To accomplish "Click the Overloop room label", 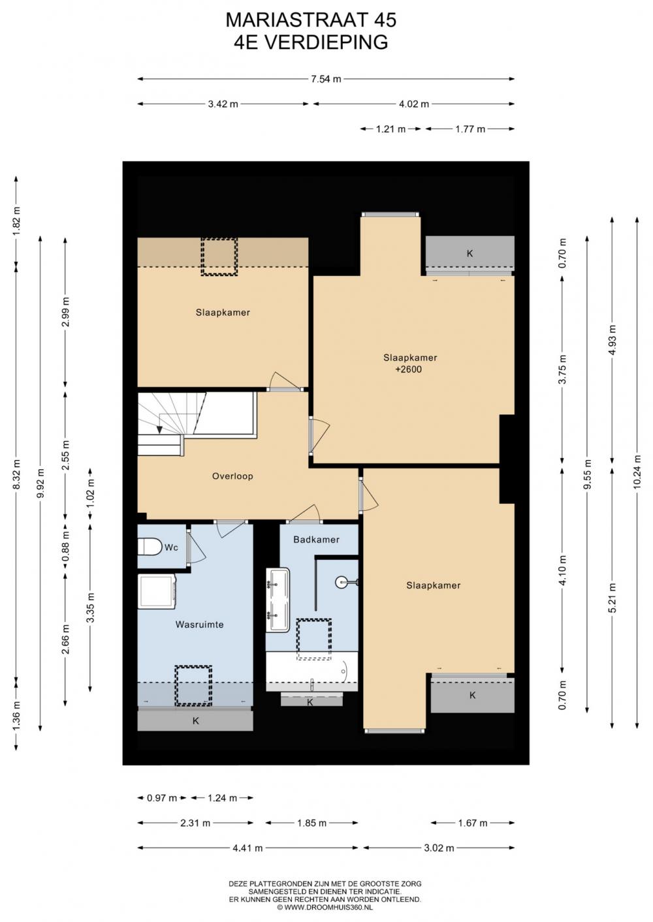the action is point(232,476).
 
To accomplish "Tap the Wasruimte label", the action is point(199,624).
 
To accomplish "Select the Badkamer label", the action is point(316,540).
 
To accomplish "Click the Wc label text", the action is point(171,547).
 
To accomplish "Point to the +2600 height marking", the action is point(408,369).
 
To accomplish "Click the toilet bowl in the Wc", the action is point(150,547).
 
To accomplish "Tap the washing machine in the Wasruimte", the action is point(157,591).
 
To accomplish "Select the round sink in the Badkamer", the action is point(343,582).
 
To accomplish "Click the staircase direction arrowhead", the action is point(159,429).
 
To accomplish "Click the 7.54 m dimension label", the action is point(326,79).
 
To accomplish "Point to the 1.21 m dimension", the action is point(390,129).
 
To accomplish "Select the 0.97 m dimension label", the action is point(162,798).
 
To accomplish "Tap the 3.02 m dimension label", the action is point(439,848).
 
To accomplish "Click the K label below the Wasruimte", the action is point(196,721).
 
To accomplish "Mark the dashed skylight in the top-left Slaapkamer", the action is point(219,256).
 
